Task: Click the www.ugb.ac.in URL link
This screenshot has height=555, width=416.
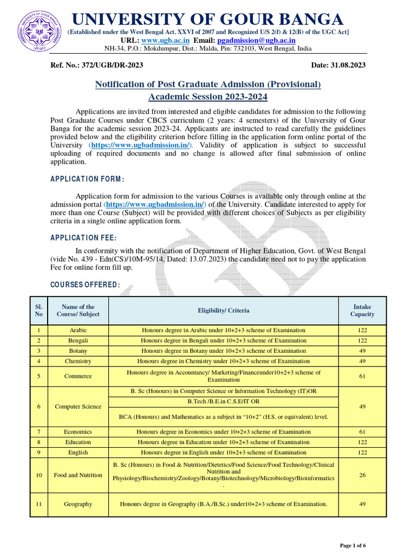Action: [165, 40]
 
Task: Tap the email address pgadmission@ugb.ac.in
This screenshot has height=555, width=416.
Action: [256, 40]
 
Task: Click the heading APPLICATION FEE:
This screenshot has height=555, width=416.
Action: [83, 237]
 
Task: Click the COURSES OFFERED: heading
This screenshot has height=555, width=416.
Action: [85, 285]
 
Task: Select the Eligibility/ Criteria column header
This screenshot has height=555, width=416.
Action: [224, 311]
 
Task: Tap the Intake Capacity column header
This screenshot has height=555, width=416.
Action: [362, 311]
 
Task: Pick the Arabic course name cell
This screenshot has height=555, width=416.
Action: [78, 330]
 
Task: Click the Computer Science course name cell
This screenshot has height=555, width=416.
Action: [78, 406]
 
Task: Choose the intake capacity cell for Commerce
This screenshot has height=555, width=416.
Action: [362, 376]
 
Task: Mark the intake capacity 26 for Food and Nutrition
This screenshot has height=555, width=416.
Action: [362, 475]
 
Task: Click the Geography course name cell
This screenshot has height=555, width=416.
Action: [78, 504]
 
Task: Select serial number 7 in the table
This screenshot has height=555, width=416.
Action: [39, 432]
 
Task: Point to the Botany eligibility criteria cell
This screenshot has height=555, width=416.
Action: [224, 351]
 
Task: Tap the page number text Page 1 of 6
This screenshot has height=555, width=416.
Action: [353, 545]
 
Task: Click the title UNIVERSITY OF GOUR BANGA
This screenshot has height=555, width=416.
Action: [208, 20]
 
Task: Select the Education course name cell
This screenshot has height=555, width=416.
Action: [78, 442]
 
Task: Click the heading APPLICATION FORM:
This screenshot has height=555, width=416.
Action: [87, 179]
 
